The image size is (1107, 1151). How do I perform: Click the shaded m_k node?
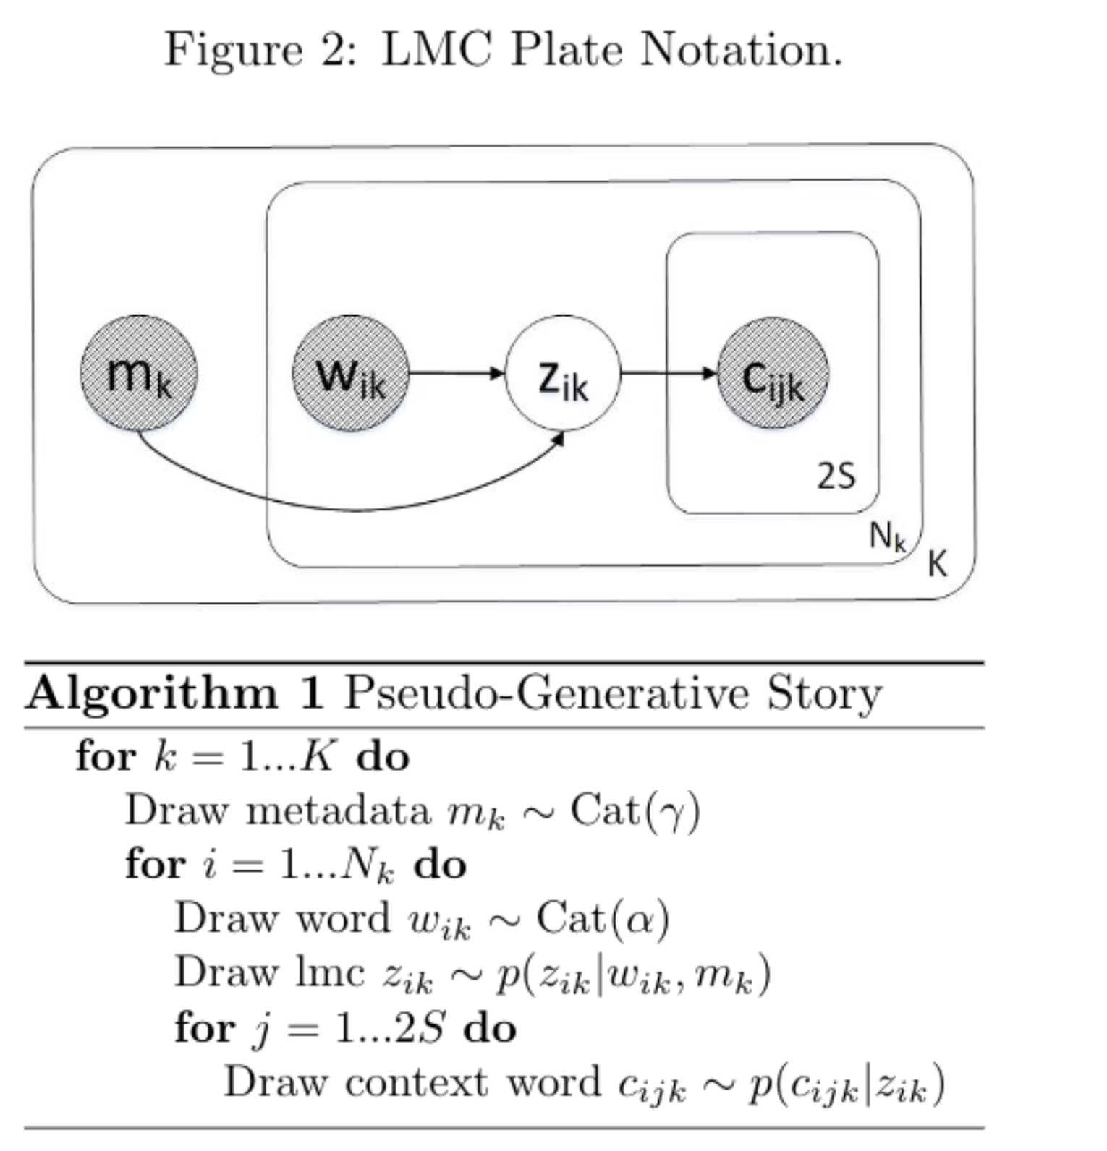pyautogui.click(x=138, y=373)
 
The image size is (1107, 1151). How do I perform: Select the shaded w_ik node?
pyautogui.click(x=351, y=373)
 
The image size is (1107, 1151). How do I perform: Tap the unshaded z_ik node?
pyautogui.click(x=563, y=373)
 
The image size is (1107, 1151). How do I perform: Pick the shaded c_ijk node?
pyautogui.click(x=773, y=373)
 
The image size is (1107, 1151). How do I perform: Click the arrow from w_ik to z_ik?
pyautogui.click(x=456, y=373)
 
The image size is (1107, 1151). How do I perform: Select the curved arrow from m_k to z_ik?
pyautogui.click(x=355, y=509)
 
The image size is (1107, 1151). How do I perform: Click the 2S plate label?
pyautogui.click(x=836, y=476)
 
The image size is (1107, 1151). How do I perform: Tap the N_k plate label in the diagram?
pyautogui.click(x=887, y=536)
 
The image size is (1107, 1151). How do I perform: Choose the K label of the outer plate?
pyautogui.click(x=937, y=563)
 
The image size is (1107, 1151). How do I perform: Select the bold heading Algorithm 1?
pyautogui.click(x=174, y=693)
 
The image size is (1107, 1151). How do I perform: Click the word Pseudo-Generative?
pyautogui.click(x=547, y=693)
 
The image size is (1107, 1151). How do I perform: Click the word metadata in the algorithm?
pyautogui.click(x=339, y=810)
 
